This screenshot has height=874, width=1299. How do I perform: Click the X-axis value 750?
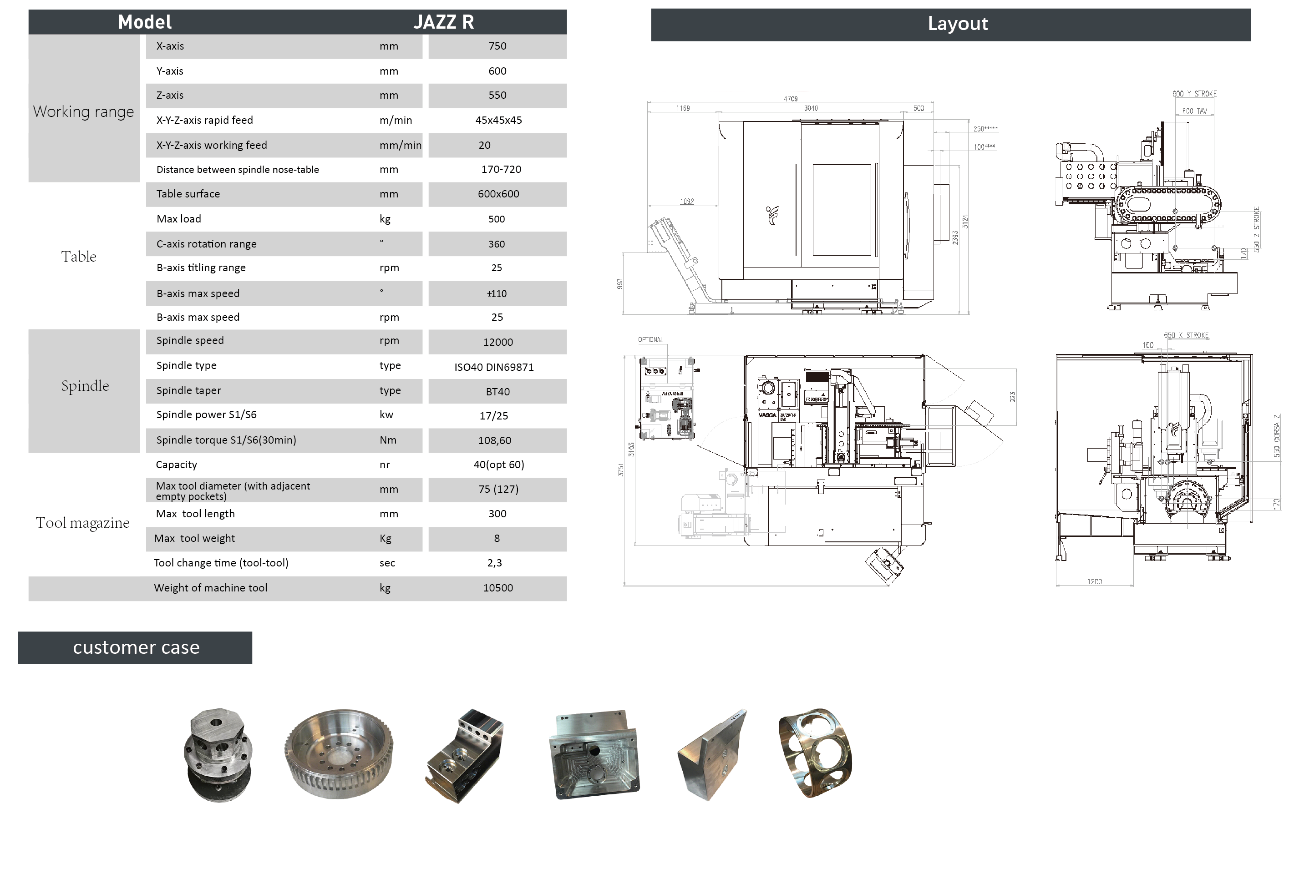(497, 46)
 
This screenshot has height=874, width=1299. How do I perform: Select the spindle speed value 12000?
(497, 342)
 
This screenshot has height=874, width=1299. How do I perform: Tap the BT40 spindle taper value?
(497, 392)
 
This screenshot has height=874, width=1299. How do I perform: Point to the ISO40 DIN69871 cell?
(494, 367)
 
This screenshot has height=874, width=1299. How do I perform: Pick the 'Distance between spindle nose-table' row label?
(238, 169)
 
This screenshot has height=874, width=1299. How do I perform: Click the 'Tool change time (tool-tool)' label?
(221, 563)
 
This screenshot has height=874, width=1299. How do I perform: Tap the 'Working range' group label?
(84, 111)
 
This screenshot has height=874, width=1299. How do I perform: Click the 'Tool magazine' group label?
(82, 523)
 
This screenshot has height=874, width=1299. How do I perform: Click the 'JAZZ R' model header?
(443, 22)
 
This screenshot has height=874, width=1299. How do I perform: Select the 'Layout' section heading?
(957, 24)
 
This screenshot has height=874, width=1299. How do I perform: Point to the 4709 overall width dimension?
(790, 99)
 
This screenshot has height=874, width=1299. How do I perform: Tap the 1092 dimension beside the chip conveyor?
(686, 201)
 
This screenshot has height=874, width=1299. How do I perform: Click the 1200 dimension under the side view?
(1094, 582)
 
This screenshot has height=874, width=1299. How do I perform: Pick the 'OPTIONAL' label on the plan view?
(650, 339)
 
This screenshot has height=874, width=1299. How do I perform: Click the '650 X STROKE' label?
(1186, 335)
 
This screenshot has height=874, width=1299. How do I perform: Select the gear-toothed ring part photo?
(339, 753)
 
